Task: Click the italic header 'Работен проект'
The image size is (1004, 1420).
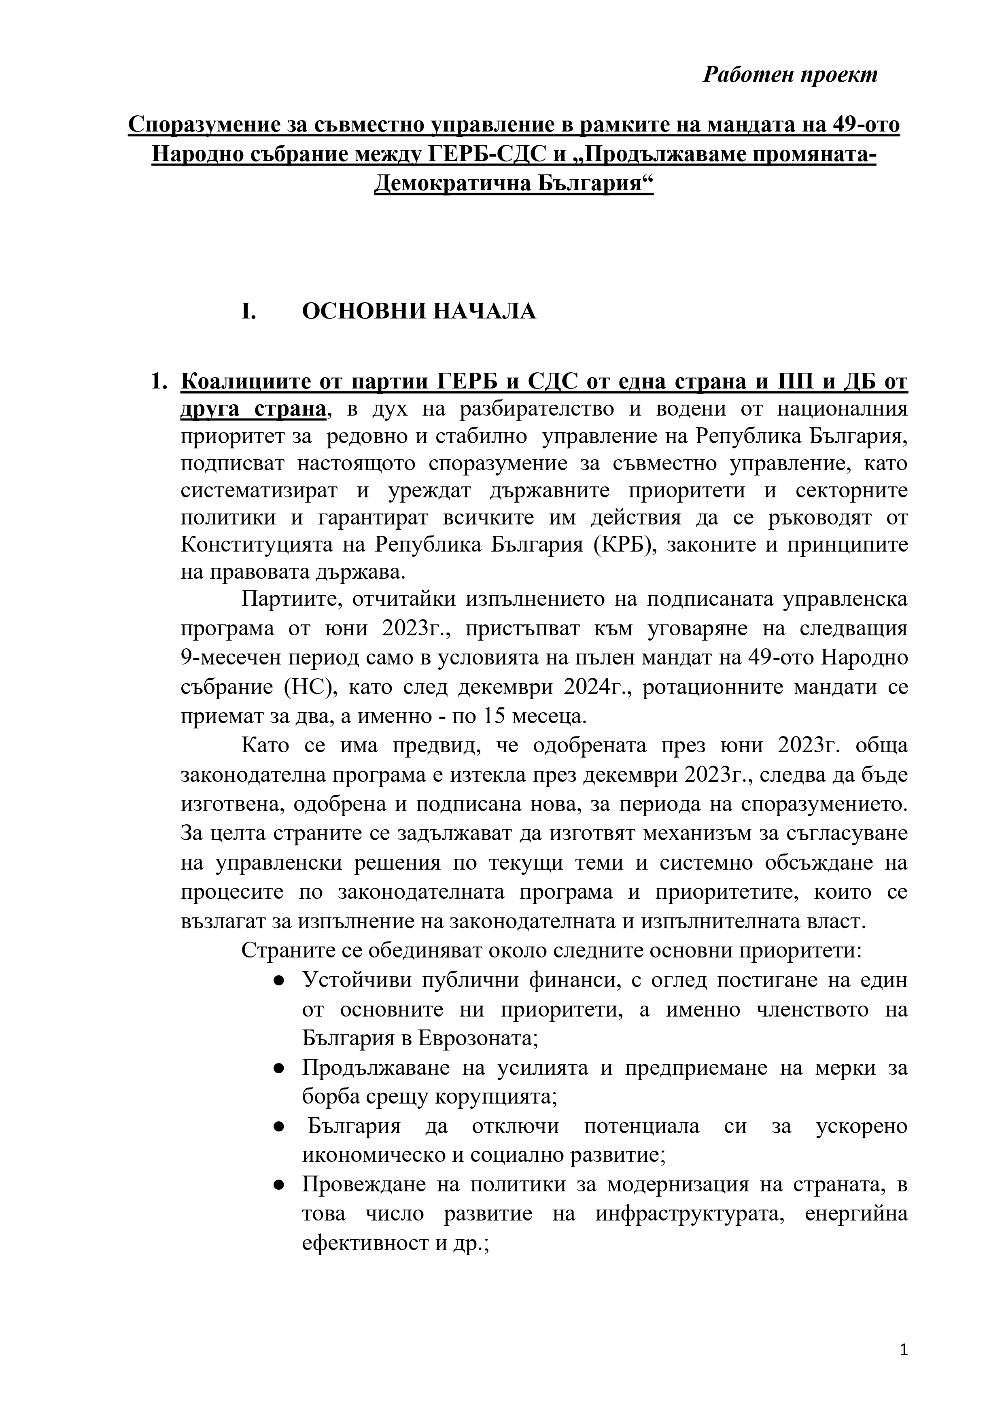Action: (790, 75)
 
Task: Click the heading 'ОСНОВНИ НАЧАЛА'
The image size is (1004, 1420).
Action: (419, 312)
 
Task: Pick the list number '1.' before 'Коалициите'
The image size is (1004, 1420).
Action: (159, 382)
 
